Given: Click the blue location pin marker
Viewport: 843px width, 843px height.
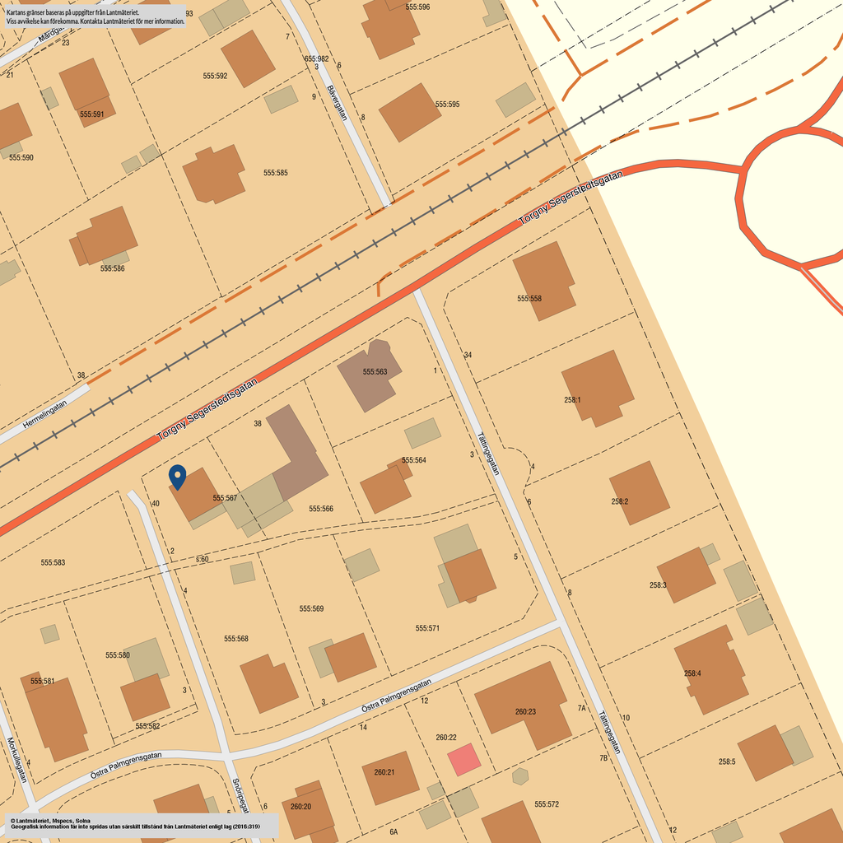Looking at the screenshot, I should (x=177, y=477).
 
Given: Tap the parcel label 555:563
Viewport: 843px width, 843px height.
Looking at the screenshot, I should (x=375, y=372).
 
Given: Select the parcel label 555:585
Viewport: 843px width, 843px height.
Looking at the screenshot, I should (x=276, y=173).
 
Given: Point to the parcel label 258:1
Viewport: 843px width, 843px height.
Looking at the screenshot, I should (x=572, y=400).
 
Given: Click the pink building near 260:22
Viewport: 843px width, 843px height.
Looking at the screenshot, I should (x=463, y=759).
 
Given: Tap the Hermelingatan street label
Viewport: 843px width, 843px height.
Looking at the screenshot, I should (x=45, y=412).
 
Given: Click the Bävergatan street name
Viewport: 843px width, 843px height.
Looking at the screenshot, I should (x=337, y=103).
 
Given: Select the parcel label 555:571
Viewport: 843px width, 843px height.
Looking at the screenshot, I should (x=427, y=628).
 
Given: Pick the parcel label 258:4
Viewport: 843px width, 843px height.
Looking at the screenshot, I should (x=692, y=673).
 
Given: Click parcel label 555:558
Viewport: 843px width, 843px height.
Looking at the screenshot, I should (x=529, y=299).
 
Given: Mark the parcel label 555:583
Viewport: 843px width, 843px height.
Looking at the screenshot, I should (x=53, y=563).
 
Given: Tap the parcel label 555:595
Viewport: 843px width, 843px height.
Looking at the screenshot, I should (x=447, y=105).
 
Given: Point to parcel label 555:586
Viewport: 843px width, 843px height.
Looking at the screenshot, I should (x=112, y=268).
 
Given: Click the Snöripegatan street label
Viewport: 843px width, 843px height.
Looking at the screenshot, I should (x=240, y=797).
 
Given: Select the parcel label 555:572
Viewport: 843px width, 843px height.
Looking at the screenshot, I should (x=547, y=804).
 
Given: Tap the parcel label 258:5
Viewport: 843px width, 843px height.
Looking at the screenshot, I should (x=726, y=762).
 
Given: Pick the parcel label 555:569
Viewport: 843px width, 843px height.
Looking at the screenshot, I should (x=311, y=609).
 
